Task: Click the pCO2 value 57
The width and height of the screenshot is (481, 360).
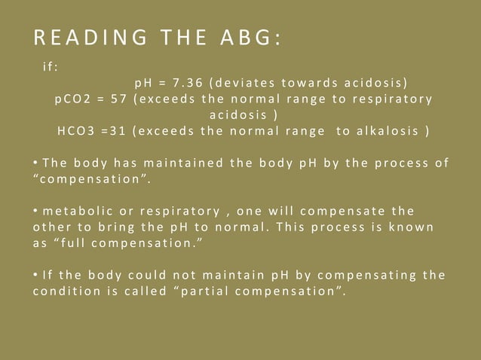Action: coord(118,99)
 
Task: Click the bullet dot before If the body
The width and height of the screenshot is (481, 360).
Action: coord(35,276)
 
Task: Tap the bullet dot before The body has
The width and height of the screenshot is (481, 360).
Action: coord(35,163)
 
